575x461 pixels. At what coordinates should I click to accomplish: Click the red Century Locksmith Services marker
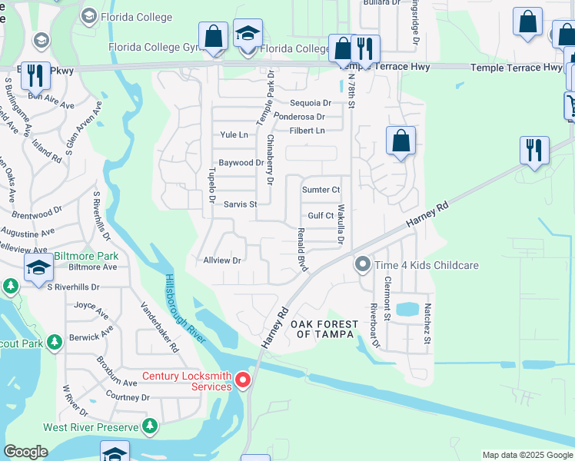[243, 380]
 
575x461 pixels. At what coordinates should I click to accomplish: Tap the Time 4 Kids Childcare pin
[362, 265]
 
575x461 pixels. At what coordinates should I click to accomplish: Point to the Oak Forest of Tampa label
[324, 330]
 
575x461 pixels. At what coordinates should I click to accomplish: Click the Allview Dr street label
[222, 260]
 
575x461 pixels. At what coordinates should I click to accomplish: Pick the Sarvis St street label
[240, 204]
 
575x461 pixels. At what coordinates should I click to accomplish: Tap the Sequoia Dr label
[311, 103]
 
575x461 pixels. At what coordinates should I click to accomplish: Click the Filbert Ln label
[307, 131]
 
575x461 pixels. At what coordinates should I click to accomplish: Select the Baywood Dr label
[241, 163]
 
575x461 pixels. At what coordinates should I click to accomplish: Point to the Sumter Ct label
[321, 190]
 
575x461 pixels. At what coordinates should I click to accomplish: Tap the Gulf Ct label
[321, 216]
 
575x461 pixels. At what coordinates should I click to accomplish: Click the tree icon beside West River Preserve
[151, 426]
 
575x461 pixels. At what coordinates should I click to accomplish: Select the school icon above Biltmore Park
[38, 268]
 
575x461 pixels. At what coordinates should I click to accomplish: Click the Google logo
[25, 452]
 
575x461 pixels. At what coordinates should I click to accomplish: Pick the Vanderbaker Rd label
[159, 327]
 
